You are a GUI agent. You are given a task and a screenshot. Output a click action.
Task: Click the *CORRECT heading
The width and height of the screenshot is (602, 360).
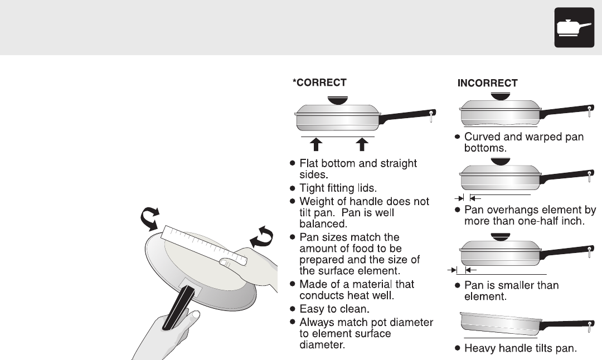[319, 82]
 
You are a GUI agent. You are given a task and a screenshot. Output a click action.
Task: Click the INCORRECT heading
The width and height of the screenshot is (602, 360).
[487, 83]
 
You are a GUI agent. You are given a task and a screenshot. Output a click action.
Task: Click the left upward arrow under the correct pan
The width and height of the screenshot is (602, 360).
[316, 144]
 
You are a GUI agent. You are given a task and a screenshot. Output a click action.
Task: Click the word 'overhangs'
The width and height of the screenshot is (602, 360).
[506, 210]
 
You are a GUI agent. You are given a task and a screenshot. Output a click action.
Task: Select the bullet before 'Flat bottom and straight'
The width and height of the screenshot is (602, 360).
[292, 164]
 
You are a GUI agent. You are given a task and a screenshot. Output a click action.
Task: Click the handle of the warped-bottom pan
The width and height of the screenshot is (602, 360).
[563, 111]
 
